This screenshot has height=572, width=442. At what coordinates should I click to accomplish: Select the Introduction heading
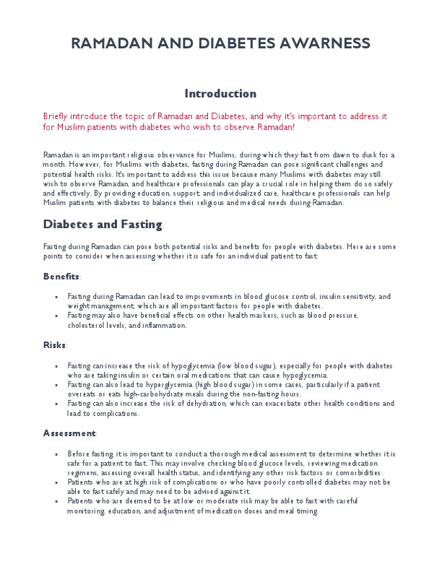tap(220, 94)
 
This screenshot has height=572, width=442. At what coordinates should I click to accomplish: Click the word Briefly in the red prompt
tap(57, 116)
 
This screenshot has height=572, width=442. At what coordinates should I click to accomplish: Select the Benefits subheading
tap(61, 277)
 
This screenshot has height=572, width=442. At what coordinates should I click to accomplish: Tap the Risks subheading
tap(54, 345)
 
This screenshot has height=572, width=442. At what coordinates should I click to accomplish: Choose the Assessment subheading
tap(69, 433)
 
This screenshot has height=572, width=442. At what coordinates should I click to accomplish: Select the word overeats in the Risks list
tap(82, 394)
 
